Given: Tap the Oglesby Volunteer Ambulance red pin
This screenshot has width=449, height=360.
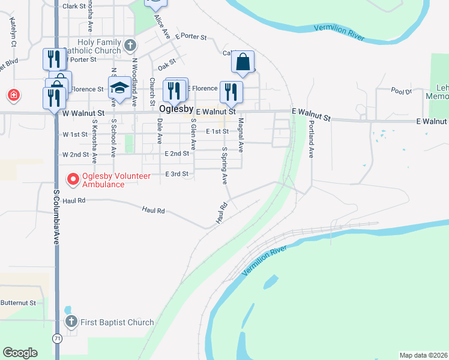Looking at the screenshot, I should (73, 179).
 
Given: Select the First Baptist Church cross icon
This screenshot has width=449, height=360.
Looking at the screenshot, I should (71, 322).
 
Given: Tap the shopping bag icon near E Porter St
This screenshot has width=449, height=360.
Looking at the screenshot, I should (243, 62).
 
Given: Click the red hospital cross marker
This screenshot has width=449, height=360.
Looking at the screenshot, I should (13, 95).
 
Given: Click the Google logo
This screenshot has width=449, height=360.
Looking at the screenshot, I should (20, 353).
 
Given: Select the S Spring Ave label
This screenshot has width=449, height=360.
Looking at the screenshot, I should (224, 166).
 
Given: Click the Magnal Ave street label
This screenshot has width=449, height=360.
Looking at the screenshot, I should (240, 134).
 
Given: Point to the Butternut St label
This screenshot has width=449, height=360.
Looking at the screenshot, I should (19, 303).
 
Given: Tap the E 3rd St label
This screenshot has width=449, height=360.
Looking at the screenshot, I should (176, 174).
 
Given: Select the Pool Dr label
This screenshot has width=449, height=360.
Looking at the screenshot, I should (401, 91).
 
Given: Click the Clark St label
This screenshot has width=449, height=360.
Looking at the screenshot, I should (74, 6).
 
